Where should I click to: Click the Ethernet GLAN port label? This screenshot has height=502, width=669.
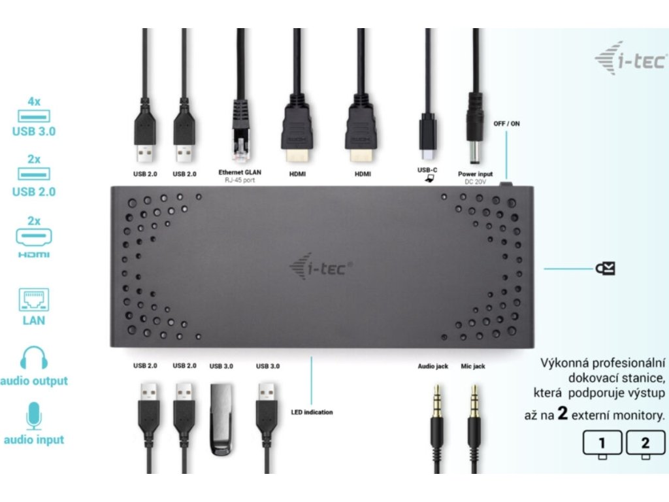(236, 173)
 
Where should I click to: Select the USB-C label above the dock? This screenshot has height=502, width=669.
(427, 170)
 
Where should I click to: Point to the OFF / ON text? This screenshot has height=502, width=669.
(506, 124)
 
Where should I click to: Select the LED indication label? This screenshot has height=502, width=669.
(312, 412)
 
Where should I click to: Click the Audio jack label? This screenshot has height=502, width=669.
(432, 367)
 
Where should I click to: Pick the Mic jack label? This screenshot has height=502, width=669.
(473, 367)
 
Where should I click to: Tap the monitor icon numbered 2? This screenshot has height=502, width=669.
(645, 443)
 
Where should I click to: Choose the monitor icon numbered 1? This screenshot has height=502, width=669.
(602, 443)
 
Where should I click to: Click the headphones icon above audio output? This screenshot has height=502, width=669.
(34, 358)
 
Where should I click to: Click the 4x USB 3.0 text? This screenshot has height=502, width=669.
(34, 116)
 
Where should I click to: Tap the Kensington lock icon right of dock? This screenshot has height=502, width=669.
(605, 268)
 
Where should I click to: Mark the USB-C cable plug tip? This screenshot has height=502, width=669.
(427, 153)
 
